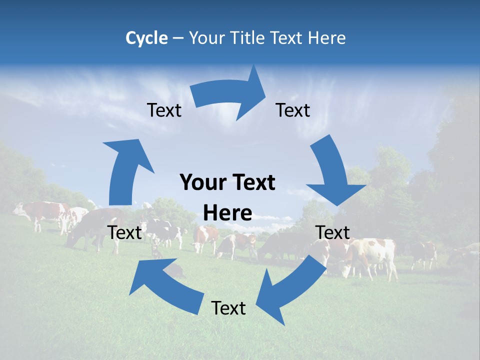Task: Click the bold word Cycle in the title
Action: pyautogui.click(x=146, y=38)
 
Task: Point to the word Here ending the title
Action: pyautogui.click(x=327, y=38)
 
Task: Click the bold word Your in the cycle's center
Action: pyautogui.click(x=199, y=183)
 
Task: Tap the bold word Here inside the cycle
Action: pyautogui.click(x=227, y=213)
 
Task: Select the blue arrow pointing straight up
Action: pyautogui.click(x=125, y=170)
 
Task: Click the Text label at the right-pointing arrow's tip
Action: pyautogui.click(x=293, y=110)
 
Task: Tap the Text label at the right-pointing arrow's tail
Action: pyautogui.click(x=164, y=110)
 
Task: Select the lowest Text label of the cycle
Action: pyautogui.click(x=228, y=308)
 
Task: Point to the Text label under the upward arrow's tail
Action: pyautogui.click(x=125, y=232)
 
